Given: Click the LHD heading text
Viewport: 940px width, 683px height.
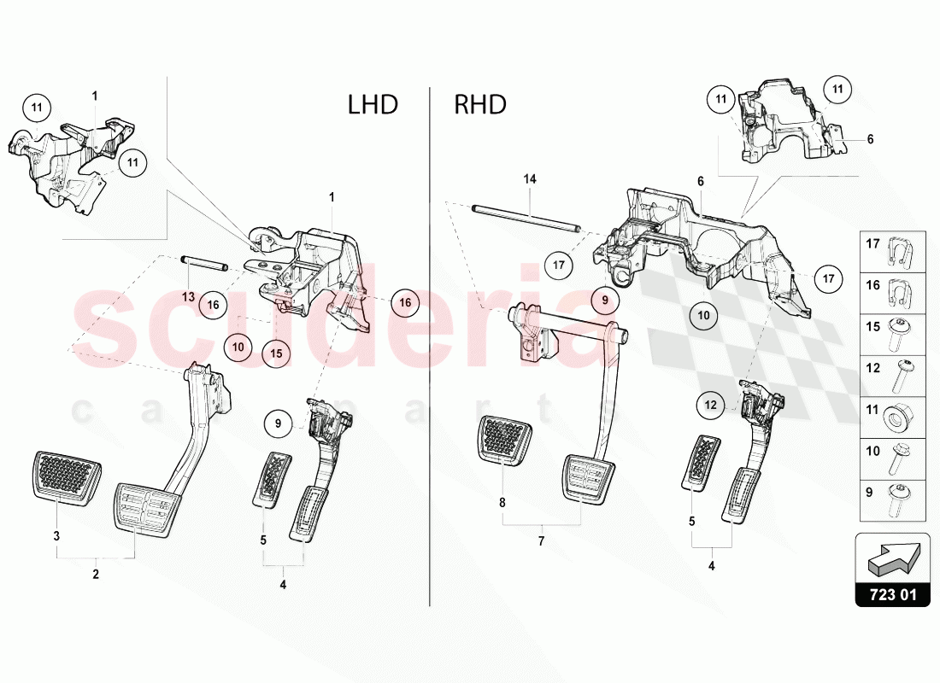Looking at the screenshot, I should (x=373, y=105).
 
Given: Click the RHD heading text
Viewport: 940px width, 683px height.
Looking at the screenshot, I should (x=480, y=105).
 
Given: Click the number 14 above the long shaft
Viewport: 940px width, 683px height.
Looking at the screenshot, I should (x=530, y=179).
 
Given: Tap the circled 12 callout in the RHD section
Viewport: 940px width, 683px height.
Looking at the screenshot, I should (x=712, y=406).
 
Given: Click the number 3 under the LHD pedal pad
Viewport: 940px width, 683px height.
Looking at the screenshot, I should (x=57, y=536).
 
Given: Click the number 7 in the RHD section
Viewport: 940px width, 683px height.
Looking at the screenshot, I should (x=541, y=541).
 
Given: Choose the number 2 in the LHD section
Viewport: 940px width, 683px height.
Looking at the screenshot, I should (x=96, y=575).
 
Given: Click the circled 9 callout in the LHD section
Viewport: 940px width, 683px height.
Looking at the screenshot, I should (x=277, y=421).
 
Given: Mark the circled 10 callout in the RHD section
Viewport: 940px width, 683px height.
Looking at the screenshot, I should (x=703, y=315).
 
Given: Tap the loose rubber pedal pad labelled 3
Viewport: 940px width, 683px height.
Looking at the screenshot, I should (x=66, y=471).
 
